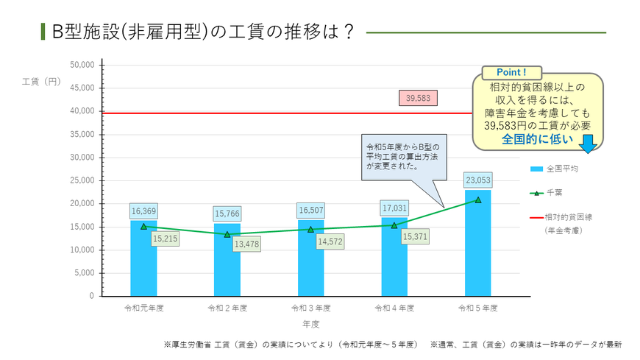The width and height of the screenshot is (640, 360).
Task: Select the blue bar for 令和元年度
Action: [143, 261]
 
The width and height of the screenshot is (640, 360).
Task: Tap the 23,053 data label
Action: [477, 180]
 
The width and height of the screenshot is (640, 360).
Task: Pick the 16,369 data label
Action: [143, 211]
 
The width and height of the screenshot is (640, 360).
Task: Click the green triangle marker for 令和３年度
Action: [310, 230]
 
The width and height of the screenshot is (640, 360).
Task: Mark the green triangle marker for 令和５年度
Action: [477, 200]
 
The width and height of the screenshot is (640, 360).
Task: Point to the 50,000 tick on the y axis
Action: [82, 65]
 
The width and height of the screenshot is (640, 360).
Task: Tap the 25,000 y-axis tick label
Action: [82, 180]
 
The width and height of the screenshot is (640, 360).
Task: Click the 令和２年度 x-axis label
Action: [227, 307]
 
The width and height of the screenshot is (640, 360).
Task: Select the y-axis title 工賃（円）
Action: [41, 81]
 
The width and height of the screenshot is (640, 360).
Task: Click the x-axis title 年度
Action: [310, 323]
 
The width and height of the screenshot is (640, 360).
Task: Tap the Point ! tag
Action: [512, 73]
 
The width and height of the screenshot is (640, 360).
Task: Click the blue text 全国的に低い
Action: [537, 138]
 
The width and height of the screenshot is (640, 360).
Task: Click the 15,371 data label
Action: [416, 237]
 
